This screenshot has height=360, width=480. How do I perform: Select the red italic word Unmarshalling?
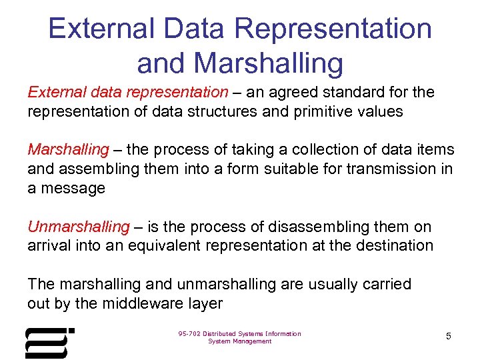tap(78, 227)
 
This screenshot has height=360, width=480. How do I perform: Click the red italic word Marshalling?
tap(67, 150)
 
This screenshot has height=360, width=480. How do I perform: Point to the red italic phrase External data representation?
tap(127, 92)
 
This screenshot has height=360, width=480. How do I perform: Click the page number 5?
tap(449, 337)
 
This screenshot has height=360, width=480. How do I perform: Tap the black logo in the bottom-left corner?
tap(49, 343)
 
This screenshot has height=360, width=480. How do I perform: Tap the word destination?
tap(393, 245)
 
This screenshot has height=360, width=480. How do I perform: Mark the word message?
tap(72, 189)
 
